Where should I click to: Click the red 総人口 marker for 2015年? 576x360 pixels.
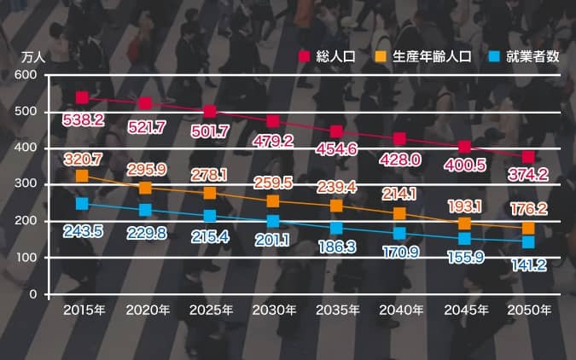(x=82, y=98)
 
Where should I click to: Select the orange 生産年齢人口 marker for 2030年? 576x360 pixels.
(x=273, y=201)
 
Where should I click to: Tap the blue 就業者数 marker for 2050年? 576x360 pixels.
(x=528, y=242)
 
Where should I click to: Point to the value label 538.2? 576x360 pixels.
(x=84, y=120)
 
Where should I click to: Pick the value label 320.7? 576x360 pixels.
(x=83, y=159)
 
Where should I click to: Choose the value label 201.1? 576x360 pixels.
(x=273, y=240)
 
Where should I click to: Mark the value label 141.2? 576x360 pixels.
(x=528, y=264)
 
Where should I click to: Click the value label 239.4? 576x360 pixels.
(x=336, y=187)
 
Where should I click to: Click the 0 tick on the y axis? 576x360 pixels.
(x=33, y=294)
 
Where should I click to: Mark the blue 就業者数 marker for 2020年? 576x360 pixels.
(x=146, y=210)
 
